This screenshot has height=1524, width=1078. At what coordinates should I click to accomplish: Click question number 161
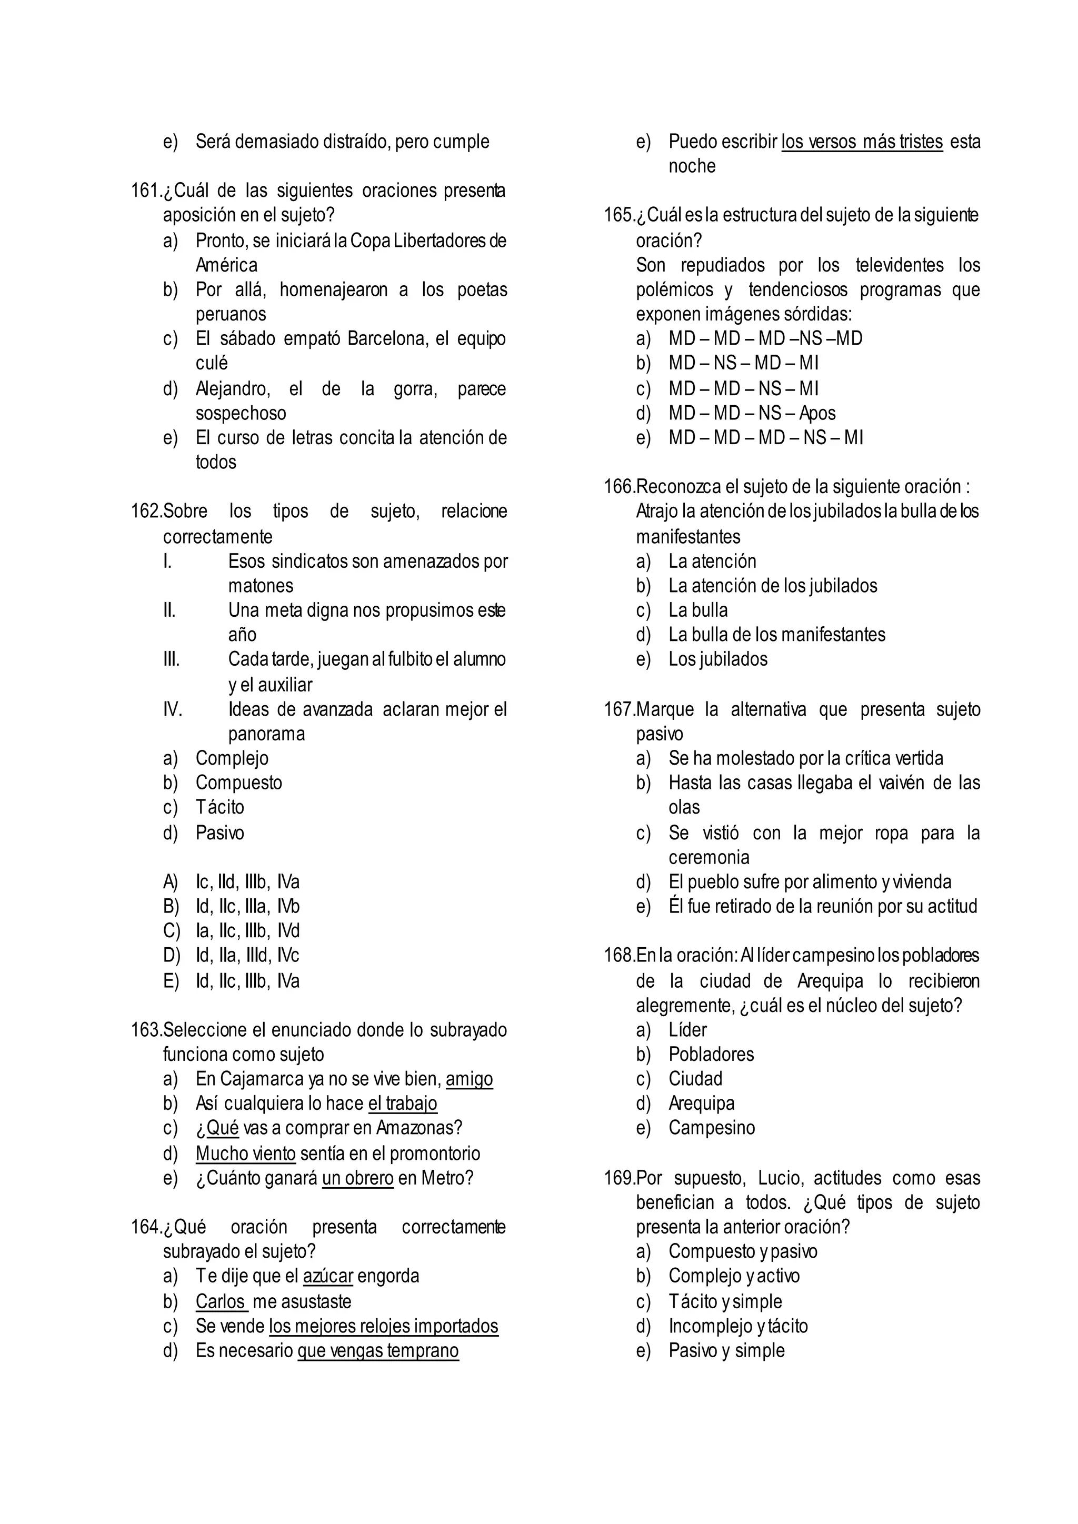coord(145,191)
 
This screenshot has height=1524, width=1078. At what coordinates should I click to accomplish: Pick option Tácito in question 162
coord(219,807)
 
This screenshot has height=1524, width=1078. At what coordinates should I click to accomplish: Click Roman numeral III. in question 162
coord(171,660)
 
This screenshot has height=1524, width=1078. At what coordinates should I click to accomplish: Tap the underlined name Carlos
coord(221,1301)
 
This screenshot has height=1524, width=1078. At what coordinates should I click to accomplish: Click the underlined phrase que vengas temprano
coord(378,1351)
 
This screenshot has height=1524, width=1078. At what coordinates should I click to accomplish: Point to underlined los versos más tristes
coord(862,142)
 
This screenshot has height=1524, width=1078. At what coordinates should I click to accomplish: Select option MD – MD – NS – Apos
coord(752,414)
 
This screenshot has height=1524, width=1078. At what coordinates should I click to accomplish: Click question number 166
coord(618,487)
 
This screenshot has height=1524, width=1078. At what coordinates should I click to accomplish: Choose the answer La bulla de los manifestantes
coord(776,635)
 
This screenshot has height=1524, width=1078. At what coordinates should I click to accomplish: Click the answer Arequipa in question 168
coord(701,1103)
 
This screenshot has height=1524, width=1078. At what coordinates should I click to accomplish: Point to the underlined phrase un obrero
coord(358,1178)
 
